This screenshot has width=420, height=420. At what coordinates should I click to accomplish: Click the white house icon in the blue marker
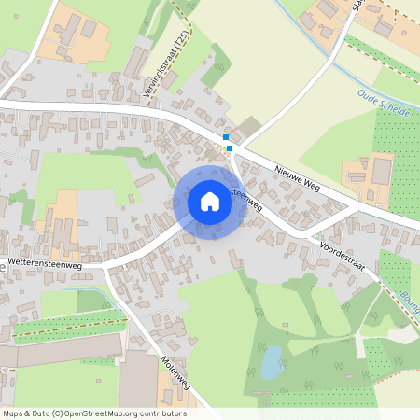210,201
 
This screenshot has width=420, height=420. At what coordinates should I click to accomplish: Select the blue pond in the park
273,361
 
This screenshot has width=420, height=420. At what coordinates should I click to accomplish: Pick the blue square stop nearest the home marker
230,147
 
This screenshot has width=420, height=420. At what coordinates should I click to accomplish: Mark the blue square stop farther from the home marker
226,137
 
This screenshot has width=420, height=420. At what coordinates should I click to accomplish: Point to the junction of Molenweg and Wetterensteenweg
105,268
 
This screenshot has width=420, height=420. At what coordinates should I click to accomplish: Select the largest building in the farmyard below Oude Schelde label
382,170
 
